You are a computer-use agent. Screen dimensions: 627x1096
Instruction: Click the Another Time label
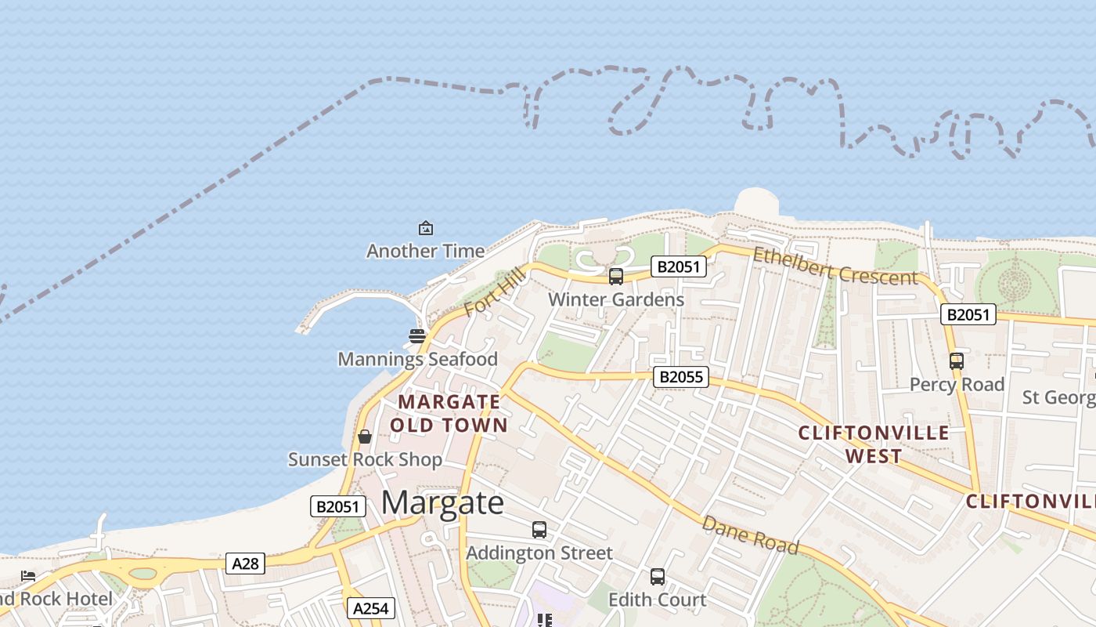425,251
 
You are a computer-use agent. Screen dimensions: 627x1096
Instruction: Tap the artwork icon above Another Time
425,228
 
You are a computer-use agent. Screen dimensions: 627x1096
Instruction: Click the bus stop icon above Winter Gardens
616,276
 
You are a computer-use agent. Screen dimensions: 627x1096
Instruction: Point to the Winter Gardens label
616,299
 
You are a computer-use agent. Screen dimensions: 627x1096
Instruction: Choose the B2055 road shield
681,377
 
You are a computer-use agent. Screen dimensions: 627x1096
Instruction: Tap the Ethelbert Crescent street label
835,266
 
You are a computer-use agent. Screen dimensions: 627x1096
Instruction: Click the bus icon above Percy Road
956,361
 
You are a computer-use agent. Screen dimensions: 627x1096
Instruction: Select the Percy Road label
957,385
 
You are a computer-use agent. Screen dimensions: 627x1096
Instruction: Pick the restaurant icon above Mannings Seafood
416,336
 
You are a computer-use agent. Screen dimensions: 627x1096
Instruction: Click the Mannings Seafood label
417,359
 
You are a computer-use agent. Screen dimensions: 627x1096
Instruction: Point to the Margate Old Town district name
449,413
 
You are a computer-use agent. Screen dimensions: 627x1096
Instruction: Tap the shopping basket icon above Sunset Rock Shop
364,437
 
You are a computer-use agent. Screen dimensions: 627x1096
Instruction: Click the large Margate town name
442,502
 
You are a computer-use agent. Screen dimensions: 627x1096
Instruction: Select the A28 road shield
245,563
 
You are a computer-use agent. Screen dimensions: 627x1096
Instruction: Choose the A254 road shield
370,608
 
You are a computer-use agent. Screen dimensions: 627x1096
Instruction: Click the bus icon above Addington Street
539,530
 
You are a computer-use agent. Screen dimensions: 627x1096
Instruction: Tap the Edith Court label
657,600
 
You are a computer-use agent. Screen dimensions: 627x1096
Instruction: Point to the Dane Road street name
750,535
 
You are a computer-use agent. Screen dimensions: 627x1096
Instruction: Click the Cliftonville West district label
874,444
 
